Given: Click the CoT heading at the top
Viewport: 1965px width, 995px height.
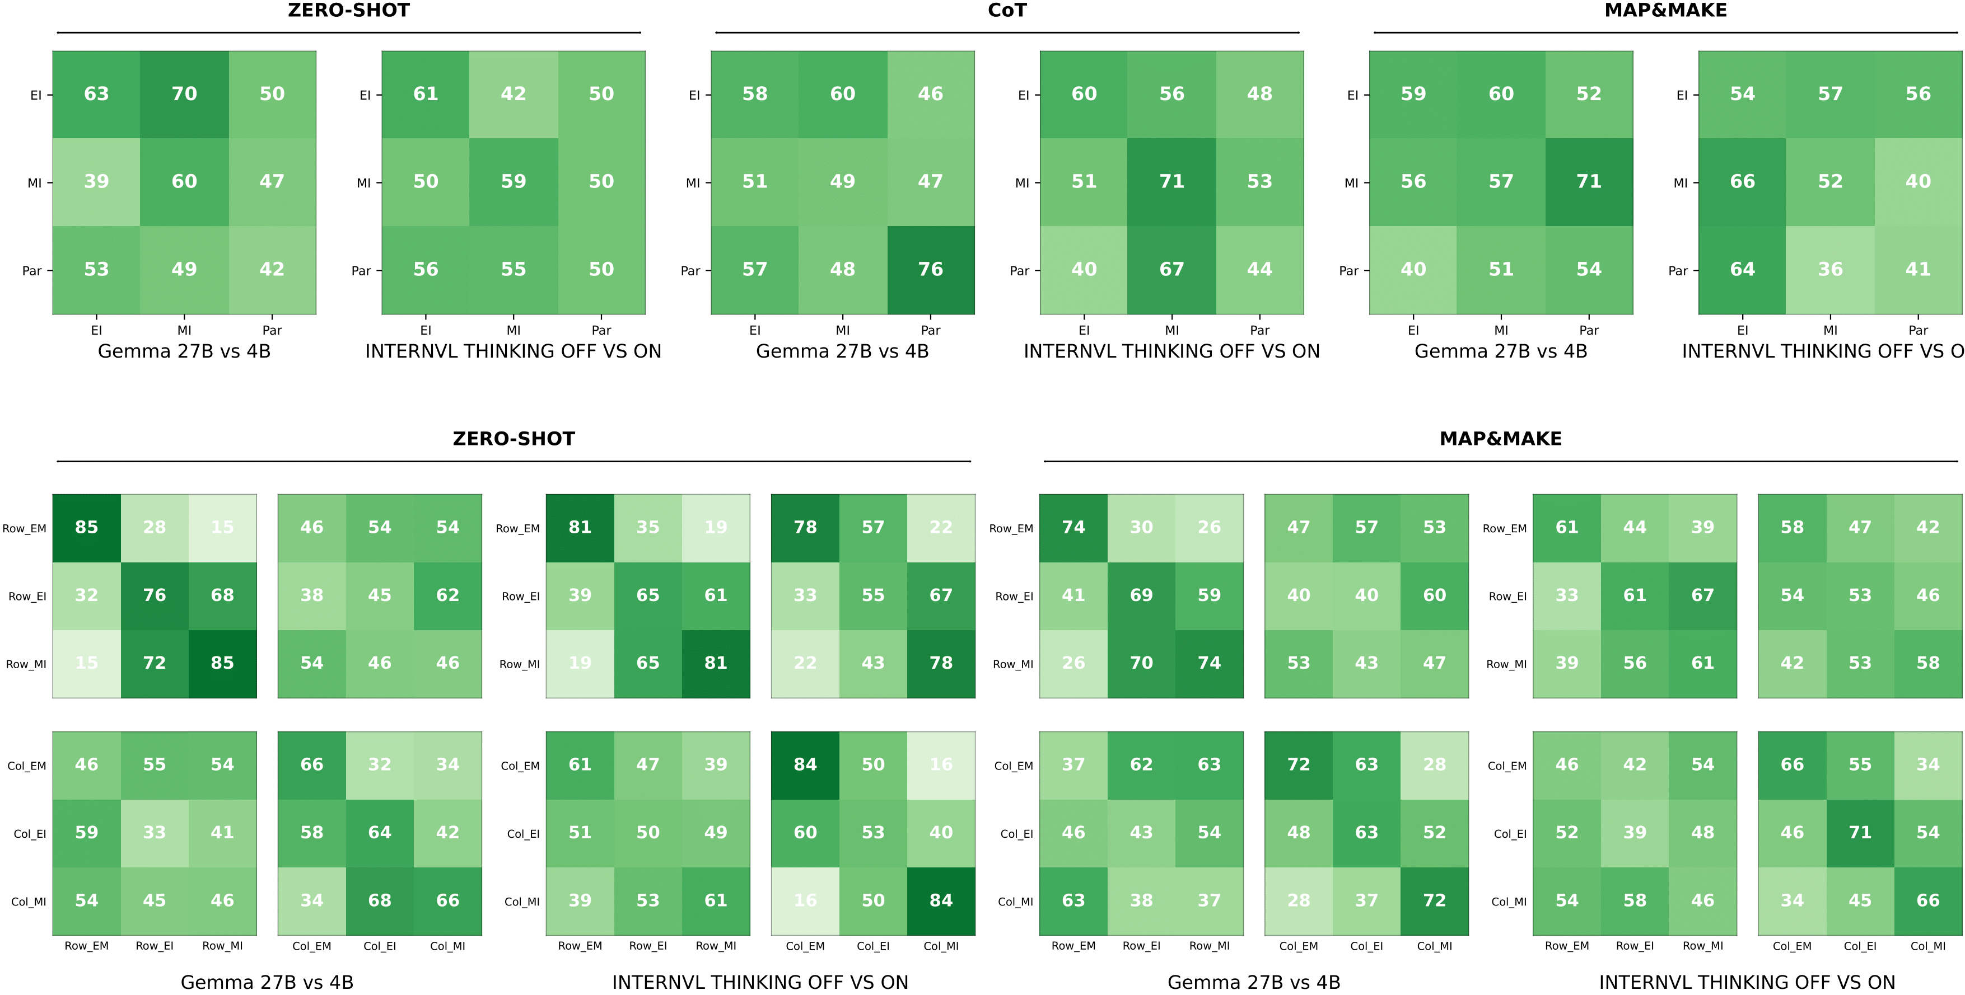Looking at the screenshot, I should pyautogui.click(x=1006, y=11).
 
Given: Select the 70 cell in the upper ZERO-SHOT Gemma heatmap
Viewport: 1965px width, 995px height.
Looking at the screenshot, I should pyautogui.click(x=184, y=94).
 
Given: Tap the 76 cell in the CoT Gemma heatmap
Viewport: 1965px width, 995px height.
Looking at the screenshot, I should pyautogui.click(x=930, y=269).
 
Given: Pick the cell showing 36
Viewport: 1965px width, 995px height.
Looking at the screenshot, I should pyautogui.click(x=1829, y=269).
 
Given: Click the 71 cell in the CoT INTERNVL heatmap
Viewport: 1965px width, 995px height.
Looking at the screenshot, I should pyautogui.click(x=1171, y=181).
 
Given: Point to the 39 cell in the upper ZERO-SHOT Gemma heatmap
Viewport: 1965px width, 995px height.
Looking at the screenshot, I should pyautogui.click(x=96, y=181).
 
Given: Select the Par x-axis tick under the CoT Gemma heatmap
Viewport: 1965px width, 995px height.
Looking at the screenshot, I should pyautogui.click(x=930, y=330).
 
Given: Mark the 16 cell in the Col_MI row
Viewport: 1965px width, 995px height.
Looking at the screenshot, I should pyautogui.click(x=805, y=900).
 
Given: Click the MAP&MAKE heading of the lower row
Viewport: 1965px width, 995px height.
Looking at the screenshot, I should pyautogui.click(x=1500, y=439).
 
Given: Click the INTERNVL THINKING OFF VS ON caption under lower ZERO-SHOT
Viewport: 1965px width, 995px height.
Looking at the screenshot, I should pyautogui.click(x=760, y=982).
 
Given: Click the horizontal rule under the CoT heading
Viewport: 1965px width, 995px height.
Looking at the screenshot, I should pyautogui.click(x=1006, y=33).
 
